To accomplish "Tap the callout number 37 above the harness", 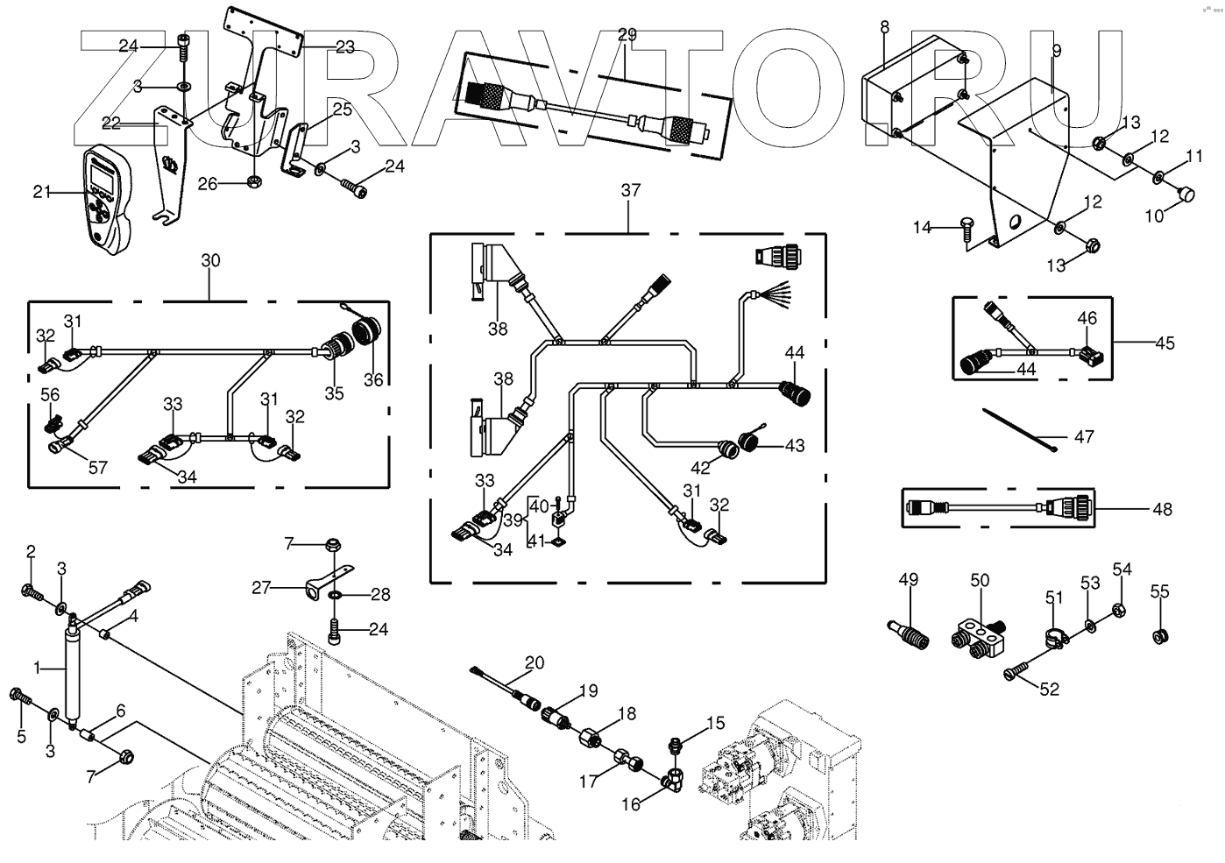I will pos(631,190).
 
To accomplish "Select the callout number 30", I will pos(210,260).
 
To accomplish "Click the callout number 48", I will pos(1162,508).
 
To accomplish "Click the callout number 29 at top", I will pos(627,35).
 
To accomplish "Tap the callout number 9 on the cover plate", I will pos(1056,51).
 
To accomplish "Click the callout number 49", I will pos(908,579).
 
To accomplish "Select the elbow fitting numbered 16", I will pos(676,776).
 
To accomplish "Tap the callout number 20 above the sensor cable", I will pos(535,662).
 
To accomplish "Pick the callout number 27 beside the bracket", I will pos(262,588).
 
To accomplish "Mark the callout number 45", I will pos(1164,343).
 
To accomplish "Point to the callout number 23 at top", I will pos(345,46).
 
